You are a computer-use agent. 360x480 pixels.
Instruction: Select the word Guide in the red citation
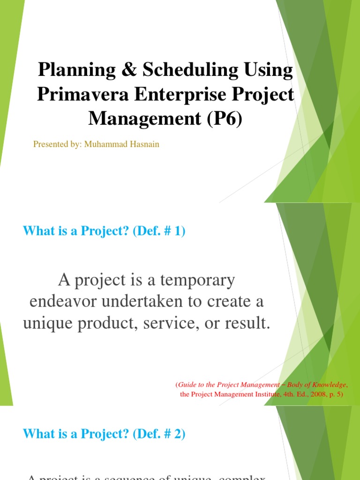187,384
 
